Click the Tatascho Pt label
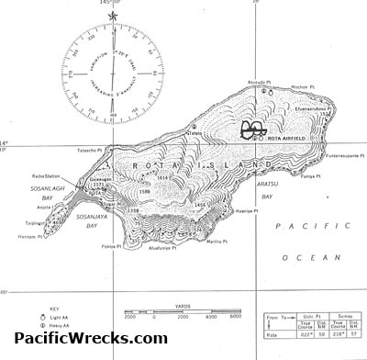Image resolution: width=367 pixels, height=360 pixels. point(94,148)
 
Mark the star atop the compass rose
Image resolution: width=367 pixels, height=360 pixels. point(113,16)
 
